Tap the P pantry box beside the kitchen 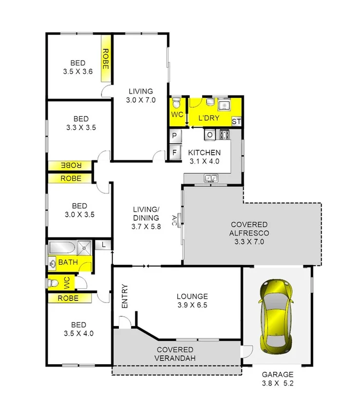click(174, 135)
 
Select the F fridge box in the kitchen click(174, 152)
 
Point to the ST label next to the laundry click(236, 121)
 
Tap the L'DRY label click(209, 118)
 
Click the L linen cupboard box click(104, 245)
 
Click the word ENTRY click(125, 296)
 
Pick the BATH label click(68, 262)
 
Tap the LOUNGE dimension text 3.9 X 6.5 click(192, 306)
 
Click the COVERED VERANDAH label click(175, 354)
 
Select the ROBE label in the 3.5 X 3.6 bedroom click(105, 58)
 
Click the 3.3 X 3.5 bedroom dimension click(80, 128)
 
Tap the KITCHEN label click(204, 152)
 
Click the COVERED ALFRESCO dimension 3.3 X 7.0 click(249, 241)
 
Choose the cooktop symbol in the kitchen click(224, 134)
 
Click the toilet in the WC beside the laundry click(176, 103)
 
